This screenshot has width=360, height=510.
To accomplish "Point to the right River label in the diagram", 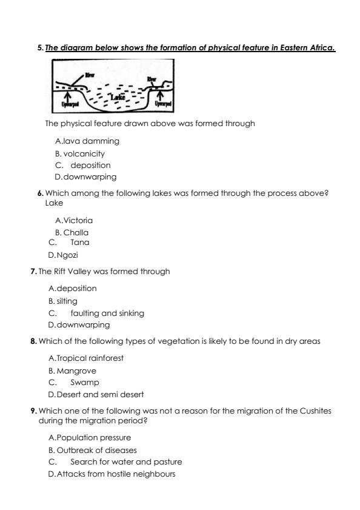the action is pyautogui.click(x=152, y=79).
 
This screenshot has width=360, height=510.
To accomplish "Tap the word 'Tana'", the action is pyautogui.click(x=80, y=243).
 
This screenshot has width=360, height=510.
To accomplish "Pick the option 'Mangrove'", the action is pyautogui.click(x=76, y=371).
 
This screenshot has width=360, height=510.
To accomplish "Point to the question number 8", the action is pyautogui.click(x=33, y=342).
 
